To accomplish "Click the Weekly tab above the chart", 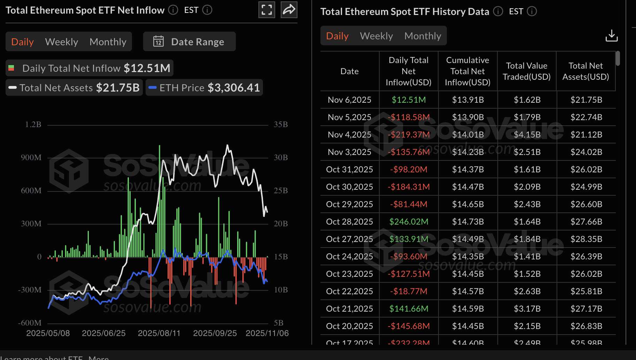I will [x=62, y=42].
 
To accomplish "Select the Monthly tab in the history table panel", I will [x=422, y=36].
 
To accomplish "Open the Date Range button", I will [x=189, y=42].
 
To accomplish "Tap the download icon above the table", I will [x=611, y=36].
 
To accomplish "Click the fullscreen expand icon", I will [x=267, y=10].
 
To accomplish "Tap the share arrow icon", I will [x=289, y=10].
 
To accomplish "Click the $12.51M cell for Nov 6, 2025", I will [x=409, y=100].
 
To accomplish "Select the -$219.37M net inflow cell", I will [x=409, y=135].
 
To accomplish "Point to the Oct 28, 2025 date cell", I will [x=349, y=222].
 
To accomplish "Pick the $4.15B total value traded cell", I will [x=527, y=135].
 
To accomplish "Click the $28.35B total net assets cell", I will [x=586, y=239].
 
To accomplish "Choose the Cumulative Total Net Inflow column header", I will [x=467, y=71].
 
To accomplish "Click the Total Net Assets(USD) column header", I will [x=585, y=71].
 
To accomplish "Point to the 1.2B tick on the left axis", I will [x=33, y=125].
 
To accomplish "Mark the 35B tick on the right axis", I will [x=281, y=125].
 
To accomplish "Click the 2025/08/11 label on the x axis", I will [x=159, y=333].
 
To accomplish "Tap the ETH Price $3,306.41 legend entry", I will [x=204, y=88].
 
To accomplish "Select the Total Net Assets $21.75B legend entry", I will [x=75, y=88].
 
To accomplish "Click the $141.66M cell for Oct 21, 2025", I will [x=409, y=309].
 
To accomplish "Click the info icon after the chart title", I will [x=173, y=10].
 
